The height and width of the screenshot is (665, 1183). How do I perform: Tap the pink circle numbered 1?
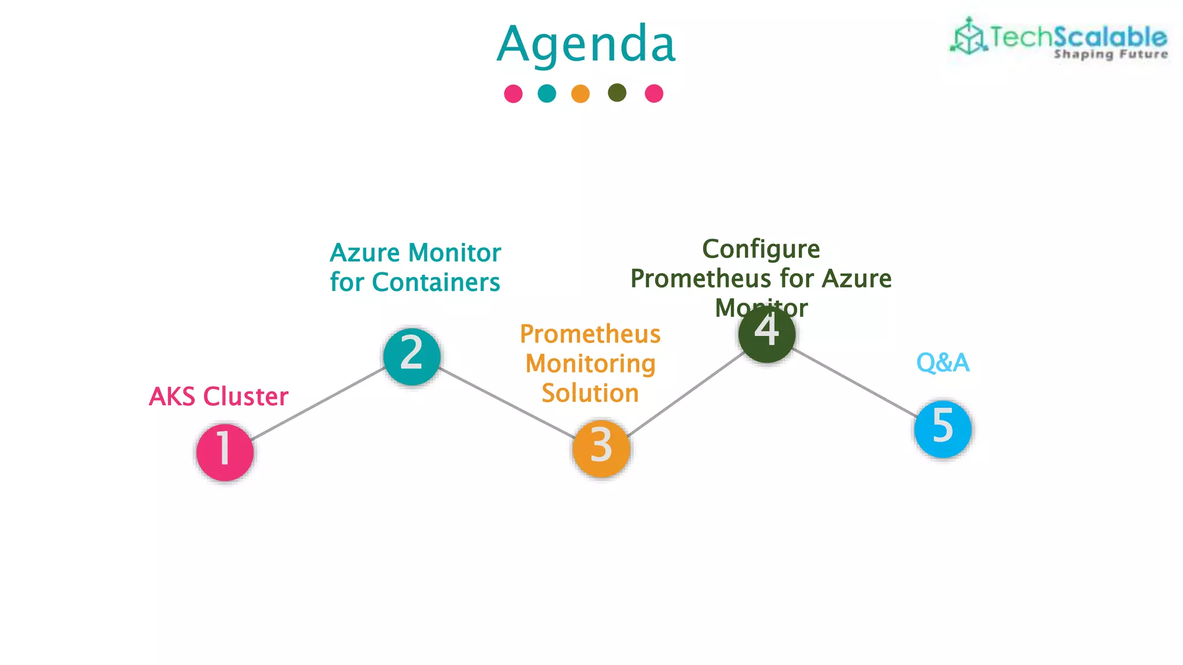225,452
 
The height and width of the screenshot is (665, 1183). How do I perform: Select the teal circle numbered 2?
412,356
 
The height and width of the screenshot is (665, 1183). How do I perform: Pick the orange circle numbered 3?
601,449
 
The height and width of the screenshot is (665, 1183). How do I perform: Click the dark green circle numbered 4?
767,334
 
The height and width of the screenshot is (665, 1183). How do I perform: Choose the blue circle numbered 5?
943,429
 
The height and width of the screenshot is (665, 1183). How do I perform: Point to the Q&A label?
943,363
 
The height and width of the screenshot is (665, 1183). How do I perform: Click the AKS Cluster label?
218,397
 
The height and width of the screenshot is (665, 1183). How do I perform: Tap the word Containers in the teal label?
436,282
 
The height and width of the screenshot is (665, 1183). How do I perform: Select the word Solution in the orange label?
590,393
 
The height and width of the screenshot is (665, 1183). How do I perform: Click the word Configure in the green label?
761,249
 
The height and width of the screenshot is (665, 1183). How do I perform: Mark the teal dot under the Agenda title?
546,93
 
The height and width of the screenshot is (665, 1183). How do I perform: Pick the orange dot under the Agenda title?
580,94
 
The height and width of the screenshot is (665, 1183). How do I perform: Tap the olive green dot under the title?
617,92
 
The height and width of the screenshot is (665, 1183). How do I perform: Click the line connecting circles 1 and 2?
318,404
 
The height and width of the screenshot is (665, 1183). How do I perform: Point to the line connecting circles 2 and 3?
506,402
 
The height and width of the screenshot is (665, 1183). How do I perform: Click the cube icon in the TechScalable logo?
968,37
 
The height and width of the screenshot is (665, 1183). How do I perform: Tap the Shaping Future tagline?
1110,54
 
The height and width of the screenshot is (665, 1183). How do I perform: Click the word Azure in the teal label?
364,253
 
